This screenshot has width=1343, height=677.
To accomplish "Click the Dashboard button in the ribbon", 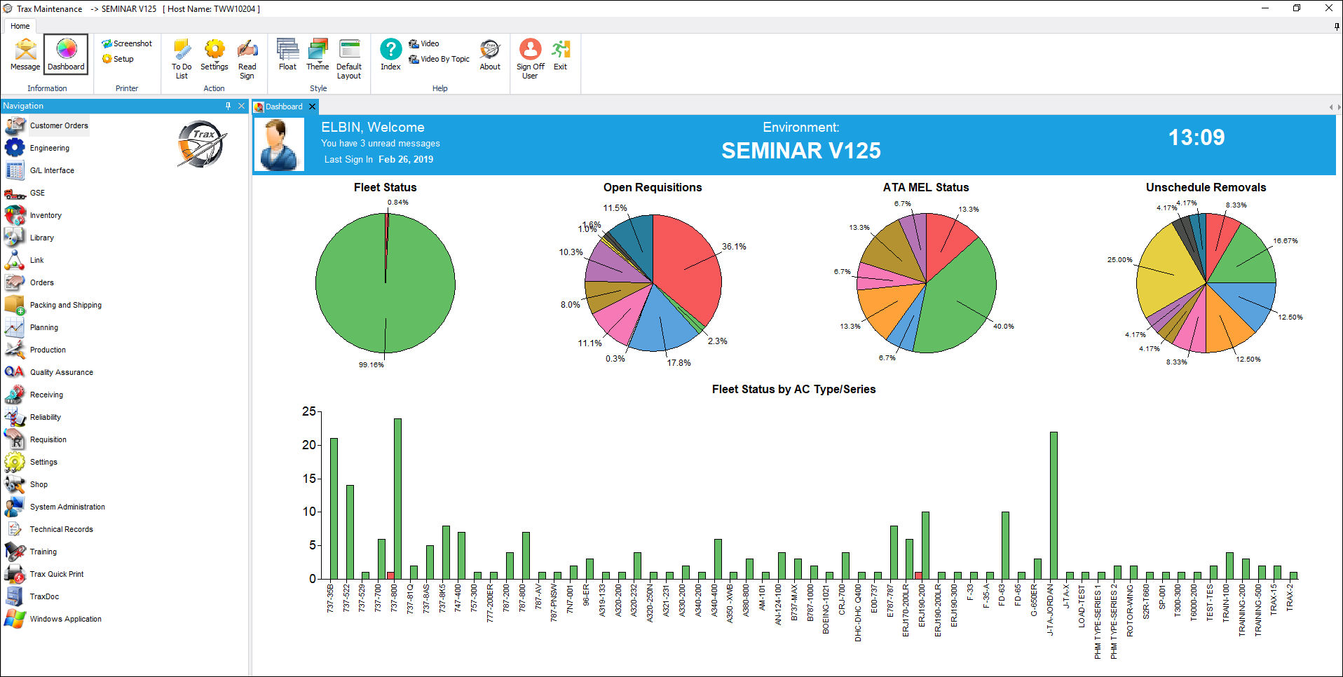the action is coord(66,54).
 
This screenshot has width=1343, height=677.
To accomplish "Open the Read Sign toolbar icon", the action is coord(247,59).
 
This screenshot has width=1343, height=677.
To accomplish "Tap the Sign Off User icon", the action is coord(530,59).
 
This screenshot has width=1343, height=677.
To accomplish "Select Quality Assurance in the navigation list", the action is coord(61,372).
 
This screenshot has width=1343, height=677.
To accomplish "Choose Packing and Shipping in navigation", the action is coord(65,305).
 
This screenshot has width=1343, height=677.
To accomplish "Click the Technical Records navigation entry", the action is coord(61,529).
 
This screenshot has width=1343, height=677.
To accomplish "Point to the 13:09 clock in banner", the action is coord(1197,137).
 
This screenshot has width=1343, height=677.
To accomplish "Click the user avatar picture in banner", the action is coord(279,144).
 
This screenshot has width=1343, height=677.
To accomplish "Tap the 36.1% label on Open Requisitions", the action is coord(734,247).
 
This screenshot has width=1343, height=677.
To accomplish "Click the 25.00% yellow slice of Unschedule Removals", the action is coord(1167,277).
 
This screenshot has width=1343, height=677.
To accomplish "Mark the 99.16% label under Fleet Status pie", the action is coord(371,364).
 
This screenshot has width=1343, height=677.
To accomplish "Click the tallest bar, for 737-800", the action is coord(397,498).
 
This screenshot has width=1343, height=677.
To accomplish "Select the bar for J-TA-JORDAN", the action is coord(1054,505).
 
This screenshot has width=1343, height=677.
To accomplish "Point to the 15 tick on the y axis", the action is coord(309,479).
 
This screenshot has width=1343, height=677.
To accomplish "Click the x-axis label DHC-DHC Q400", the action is coord(858,613).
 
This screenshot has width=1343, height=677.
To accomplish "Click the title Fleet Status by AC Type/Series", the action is coord(793,389).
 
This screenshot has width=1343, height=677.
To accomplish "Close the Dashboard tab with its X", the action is coord(312,107).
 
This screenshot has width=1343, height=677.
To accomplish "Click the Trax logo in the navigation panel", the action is coord(202,144).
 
